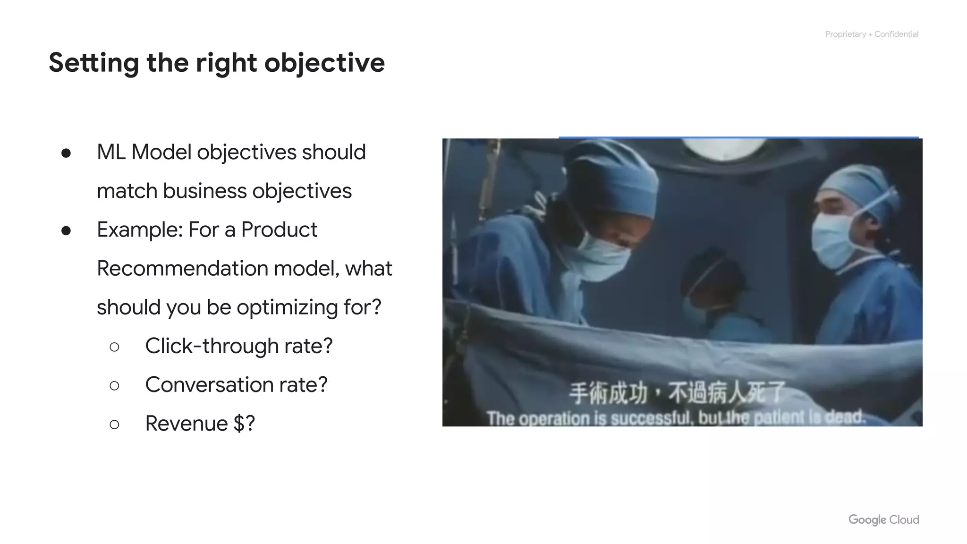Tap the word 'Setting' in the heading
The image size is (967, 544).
pyautogui.click(x=93, y=63)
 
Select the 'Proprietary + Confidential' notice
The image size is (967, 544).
pyautogui.click(x=872, y=34)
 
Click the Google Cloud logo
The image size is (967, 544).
pyautogui.click(x=883, y=519)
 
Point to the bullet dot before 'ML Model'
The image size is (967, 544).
pyautogui.click(x=66, y=153)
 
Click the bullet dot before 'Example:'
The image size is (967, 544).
pyautogui.click(x=66, y=230)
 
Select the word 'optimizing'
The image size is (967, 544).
pyautogui.click(x=287, y=307)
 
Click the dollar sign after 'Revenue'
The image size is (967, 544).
pyautogui.click(x=239, y=424)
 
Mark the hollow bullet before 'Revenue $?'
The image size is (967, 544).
pyautogui.click(x=114, y=425)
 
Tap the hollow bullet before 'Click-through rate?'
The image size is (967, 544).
pyautogui.click(x=114, y=347)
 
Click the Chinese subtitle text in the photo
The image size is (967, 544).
pyautogui.click(x=677, y=393)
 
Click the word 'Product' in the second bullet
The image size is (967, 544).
pyautogui.click(x=279, y=230)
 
